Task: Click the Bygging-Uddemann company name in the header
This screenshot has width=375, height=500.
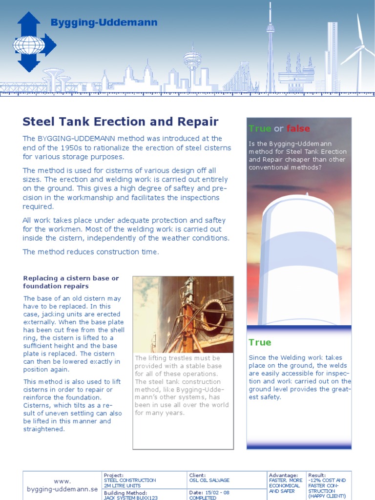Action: coord(104,22)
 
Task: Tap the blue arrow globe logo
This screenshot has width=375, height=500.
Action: coord(32,42)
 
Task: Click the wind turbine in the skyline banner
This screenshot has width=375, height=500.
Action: coord(359,49)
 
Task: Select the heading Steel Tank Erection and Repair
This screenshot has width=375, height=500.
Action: coord(121,122)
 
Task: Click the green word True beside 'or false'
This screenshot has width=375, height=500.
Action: coord(260,128)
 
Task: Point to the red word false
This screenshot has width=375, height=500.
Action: coord(298,128)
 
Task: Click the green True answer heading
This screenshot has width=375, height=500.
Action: coord(260,342)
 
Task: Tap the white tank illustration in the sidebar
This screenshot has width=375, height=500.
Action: coord(298,259)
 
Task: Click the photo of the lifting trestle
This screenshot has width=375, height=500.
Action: coord(183,314)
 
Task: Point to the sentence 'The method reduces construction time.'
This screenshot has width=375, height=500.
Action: coord(91,251)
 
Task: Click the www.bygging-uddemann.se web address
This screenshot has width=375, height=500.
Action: coord(62,485)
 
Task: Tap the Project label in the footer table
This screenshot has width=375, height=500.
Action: coord(114,475)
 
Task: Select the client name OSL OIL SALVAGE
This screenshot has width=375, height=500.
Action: coord(209,480)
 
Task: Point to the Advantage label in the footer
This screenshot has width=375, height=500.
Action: coord(283,475)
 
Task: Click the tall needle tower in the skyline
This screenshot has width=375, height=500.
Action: coord(271,49)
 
